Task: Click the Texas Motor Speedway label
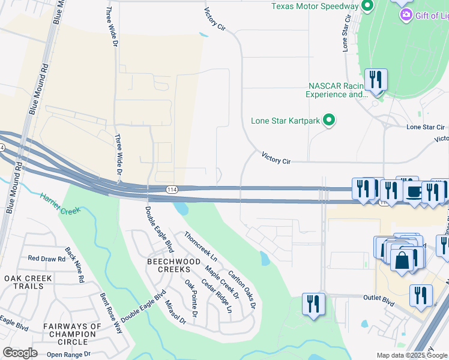pos(315,6)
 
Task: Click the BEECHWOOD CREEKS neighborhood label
pos(174,266)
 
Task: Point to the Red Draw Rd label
pos(46,259)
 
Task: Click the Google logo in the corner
pos(20,353)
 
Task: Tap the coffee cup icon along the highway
pos(414,191)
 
